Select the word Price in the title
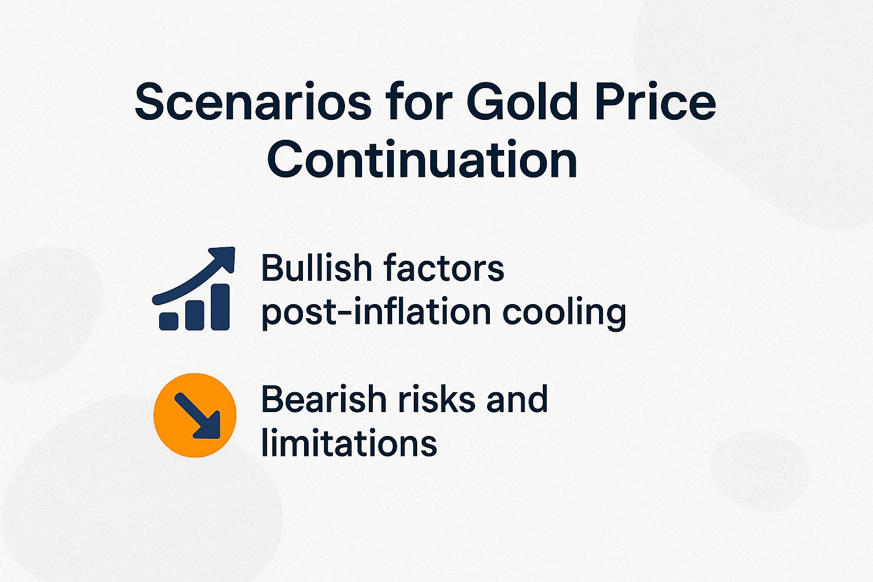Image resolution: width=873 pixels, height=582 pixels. click(x=655, y=102)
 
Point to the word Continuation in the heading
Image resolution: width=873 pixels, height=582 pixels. click(x=422, y=160)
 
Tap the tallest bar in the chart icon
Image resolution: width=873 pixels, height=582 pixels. click(x=220, y=307)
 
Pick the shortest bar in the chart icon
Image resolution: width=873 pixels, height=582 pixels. click(x=169, y=321)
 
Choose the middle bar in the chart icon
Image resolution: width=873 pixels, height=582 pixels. click(x=194, y=314)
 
